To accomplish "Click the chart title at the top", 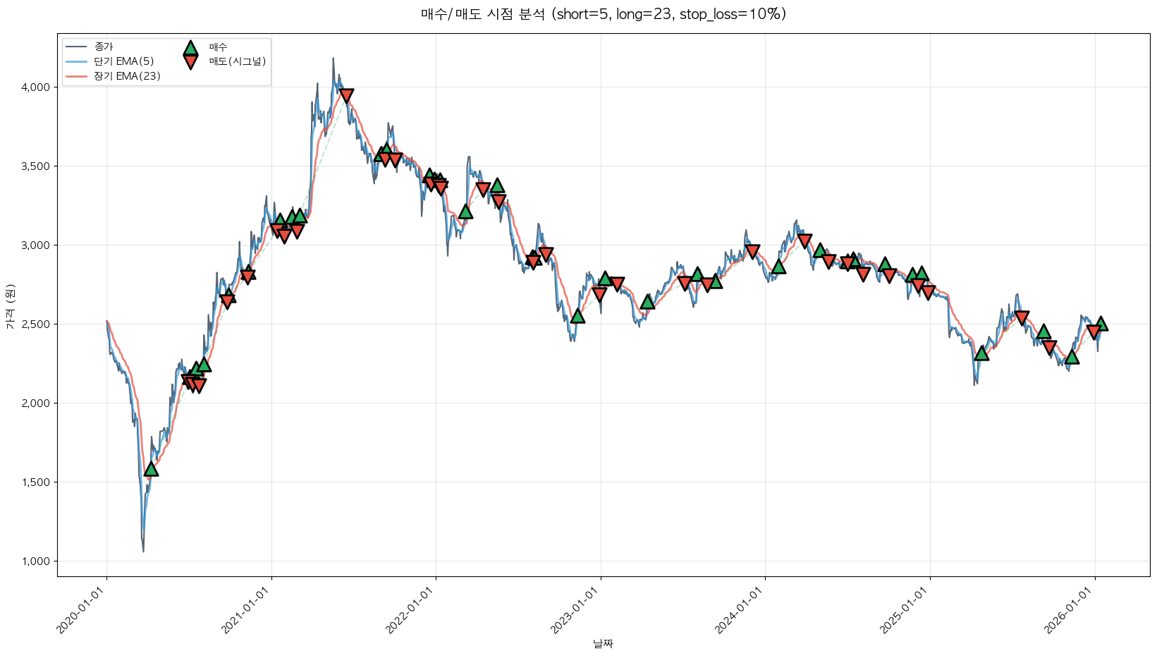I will [x=603, y=14].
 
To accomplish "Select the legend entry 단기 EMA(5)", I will [x=123, y=61].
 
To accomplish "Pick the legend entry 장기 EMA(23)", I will [x=127, y=76].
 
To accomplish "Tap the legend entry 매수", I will [x=218, y=47].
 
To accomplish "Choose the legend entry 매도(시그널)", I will [x=237, y=61].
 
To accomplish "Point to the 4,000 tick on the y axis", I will [x=35, y=87].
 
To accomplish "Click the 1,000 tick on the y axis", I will [x=35, y=561].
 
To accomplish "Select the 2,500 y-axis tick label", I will [x=35, y=324].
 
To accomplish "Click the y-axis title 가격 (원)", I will [x=10, y=307].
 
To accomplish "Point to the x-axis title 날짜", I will [x=603, y=643].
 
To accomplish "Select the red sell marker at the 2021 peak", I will [x=345, y=96].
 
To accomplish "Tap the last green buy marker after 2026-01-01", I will [x=1101, y=323].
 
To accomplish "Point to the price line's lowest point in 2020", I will [x=143, y=551].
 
